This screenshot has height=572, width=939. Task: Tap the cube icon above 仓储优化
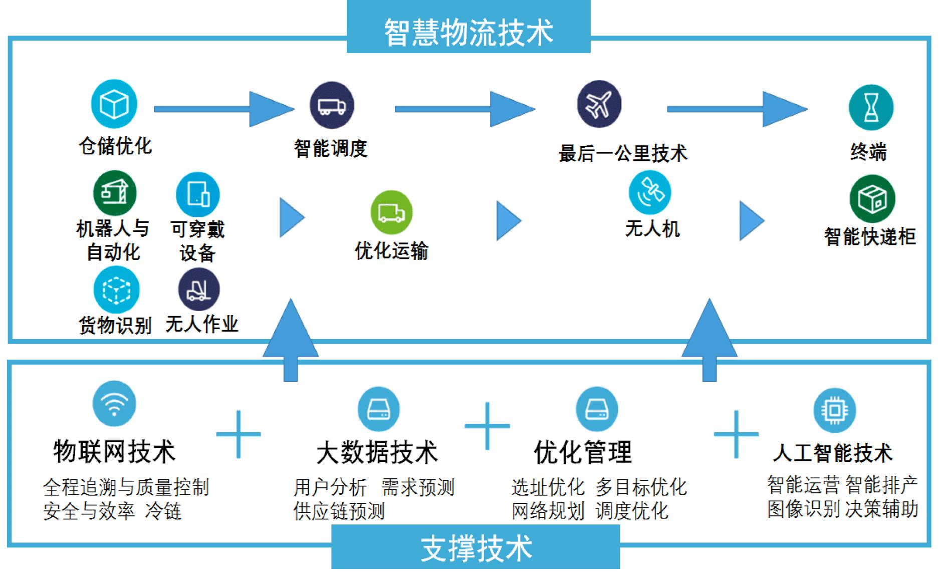click(x=114, y=104)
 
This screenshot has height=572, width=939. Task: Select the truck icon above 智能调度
click(x=332, y=106)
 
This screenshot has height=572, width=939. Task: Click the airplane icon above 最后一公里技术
click(x=599, y=104)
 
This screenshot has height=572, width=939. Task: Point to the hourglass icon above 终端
click(x=871, y=107)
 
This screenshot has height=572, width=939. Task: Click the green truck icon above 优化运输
click(x=391, y=212)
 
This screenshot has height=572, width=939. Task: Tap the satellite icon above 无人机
click(x=650, y=193)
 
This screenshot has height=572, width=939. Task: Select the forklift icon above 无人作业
click(x=199, y=290)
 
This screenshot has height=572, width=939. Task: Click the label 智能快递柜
click(x=870, y=236)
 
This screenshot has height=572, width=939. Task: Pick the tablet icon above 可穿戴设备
click(x=198, y=194)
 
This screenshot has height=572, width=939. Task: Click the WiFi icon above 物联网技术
click(x=114, y=404)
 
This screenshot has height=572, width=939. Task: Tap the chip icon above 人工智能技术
click(x=834, y=410)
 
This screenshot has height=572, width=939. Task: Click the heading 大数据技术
click(x=377, y=452)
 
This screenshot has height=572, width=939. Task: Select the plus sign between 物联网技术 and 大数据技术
click(x=239, y=434)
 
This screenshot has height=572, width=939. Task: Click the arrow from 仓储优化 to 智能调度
click(x=223, y=109)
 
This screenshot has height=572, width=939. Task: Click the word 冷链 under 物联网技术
click(x=163, y=511)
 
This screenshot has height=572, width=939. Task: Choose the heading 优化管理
click(x=582, y=452)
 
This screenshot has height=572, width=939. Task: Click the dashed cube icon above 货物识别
click(x=116, y=290)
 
